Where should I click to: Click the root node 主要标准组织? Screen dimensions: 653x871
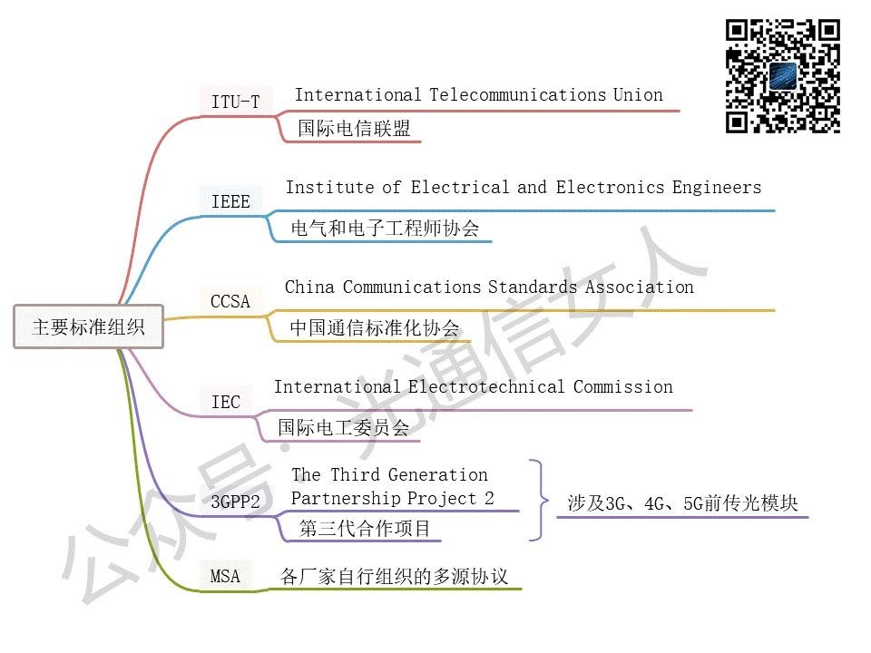88,327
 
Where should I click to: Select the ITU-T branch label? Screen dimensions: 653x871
235,102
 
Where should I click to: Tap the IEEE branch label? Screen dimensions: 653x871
230,201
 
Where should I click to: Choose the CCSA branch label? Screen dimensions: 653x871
230,301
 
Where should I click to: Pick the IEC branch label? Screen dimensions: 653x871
226,401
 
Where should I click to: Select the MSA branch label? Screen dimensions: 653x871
226,576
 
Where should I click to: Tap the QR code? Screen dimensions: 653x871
783,76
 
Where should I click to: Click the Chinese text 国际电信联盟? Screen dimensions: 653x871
354,129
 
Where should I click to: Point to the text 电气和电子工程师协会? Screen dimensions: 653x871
385,228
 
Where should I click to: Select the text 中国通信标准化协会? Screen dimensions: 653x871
375,327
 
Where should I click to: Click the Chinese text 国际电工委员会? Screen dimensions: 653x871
344,427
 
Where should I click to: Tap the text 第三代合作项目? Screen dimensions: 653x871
365,527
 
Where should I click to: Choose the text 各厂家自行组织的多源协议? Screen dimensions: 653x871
395,576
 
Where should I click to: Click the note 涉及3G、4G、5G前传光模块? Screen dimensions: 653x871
682,503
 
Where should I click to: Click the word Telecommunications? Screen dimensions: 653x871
517,95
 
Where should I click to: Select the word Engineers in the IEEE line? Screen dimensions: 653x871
717,188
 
